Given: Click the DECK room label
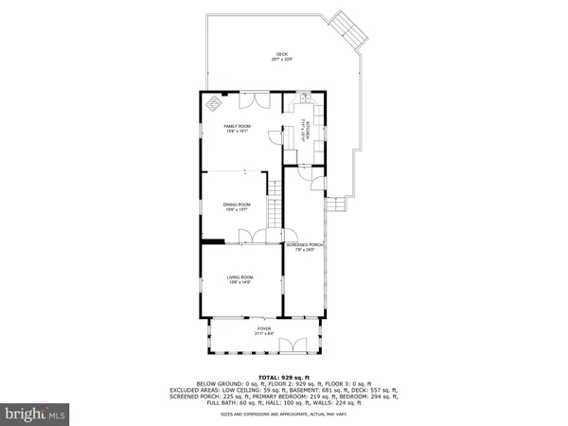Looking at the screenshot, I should coord(281,54).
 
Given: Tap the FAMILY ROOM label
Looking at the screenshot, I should coord(237,126).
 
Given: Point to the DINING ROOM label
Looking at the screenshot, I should coord(237,204).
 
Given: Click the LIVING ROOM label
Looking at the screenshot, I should coord(239,276).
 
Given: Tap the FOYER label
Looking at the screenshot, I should coord(264,328).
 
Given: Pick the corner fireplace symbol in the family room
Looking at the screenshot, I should coord(213,102).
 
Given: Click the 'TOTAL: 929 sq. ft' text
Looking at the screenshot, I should coord(284,376).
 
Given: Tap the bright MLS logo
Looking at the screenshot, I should coord(36,414).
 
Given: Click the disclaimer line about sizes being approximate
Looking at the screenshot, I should coord(284,414).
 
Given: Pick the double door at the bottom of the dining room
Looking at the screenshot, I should coord(244,237).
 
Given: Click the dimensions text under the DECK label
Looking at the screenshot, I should coord(281,60).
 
